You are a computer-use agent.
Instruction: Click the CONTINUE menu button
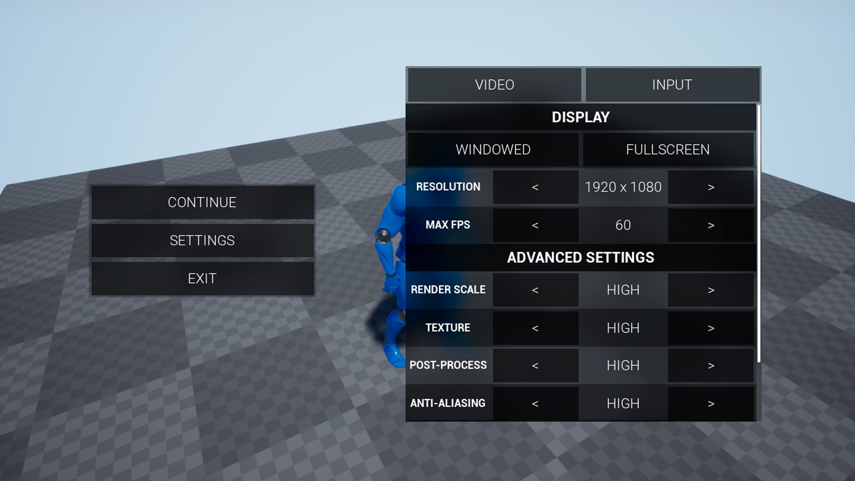(x=202, y=202)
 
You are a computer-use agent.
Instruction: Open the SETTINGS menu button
(x=202, y=240)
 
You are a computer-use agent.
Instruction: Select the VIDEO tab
(x=494, y=85)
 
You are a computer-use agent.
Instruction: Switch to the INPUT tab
(x=672, y=85)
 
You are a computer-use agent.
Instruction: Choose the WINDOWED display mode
(x=493, y=150)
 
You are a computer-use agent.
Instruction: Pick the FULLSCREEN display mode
(x=668, y=150)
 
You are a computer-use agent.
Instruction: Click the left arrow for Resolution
(x=535, y=188)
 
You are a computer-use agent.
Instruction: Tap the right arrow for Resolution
(x=711, y=188)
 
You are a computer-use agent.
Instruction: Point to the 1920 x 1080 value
(x=623, y=187)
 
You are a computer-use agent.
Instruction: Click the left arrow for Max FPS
(x=535, y=225)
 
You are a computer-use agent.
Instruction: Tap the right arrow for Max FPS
(x=711, y=225)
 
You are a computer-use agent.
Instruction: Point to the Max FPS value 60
(x=623, y=225)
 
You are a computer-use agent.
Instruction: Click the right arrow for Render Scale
(x=711, y=290)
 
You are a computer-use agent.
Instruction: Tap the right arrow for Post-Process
(x=711, y=366)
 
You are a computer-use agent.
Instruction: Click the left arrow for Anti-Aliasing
(x=535, y=404)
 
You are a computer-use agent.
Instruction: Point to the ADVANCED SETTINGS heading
(x=580, y=257)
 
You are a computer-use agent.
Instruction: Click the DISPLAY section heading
(x=580, y=117)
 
